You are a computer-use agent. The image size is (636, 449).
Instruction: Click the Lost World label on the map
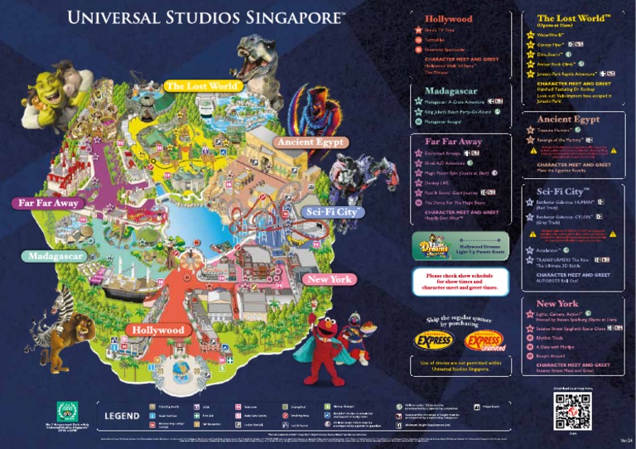click(x=202, y=86)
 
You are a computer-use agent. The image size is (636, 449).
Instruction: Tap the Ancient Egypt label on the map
click(x=310, y=142)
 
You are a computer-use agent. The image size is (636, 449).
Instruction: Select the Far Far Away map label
click(x=48, y=203)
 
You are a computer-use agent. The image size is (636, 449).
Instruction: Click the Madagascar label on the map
click(x=55, y=256)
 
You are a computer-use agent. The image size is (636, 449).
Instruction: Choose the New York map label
click(x=330, y=279)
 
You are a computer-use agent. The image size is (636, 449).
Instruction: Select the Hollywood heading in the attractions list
click(x=449, y=18)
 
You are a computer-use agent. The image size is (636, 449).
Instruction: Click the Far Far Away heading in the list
click(x=453, y=142)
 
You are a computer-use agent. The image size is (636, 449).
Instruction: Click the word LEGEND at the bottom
click(x=121, y=415)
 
